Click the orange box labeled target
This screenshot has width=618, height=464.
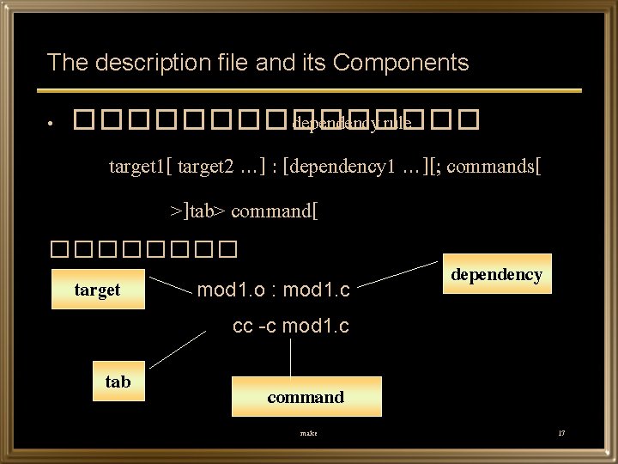click(x=97, y=290)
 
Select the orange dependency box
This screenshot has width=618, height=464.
click(x=497, y=275)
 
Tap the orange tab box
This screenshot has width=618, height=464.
click(x=118, y=382)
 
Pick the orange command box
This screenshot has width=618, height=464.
click(x=305, y=397)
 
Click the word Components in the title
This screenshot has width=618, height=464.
click(x=400, y=62)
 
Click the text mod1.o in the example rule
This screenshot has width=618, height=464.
click(x=227, y=290)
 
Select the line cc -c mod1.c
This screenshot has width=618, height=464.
click(x=291, y=327)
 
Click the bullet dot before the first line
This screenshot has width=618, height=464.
click(x=52, y=125)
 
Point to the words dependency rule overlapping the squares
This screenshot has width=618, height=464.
click(x=351, y=124)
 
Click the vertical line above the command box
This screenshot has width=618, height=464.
click(x=292, y=357)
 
